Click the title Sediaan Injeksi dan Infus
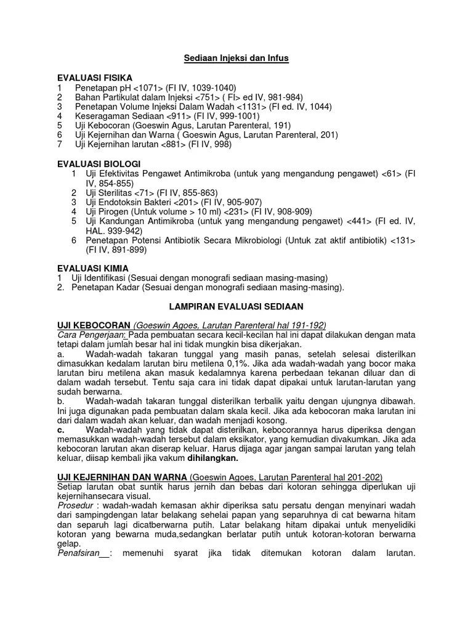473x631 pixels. (237, 58)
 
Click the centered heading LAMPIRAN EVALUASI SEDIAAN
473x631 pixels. (236, 306)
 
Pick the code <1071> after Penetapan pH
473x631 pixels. (147, 88)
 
